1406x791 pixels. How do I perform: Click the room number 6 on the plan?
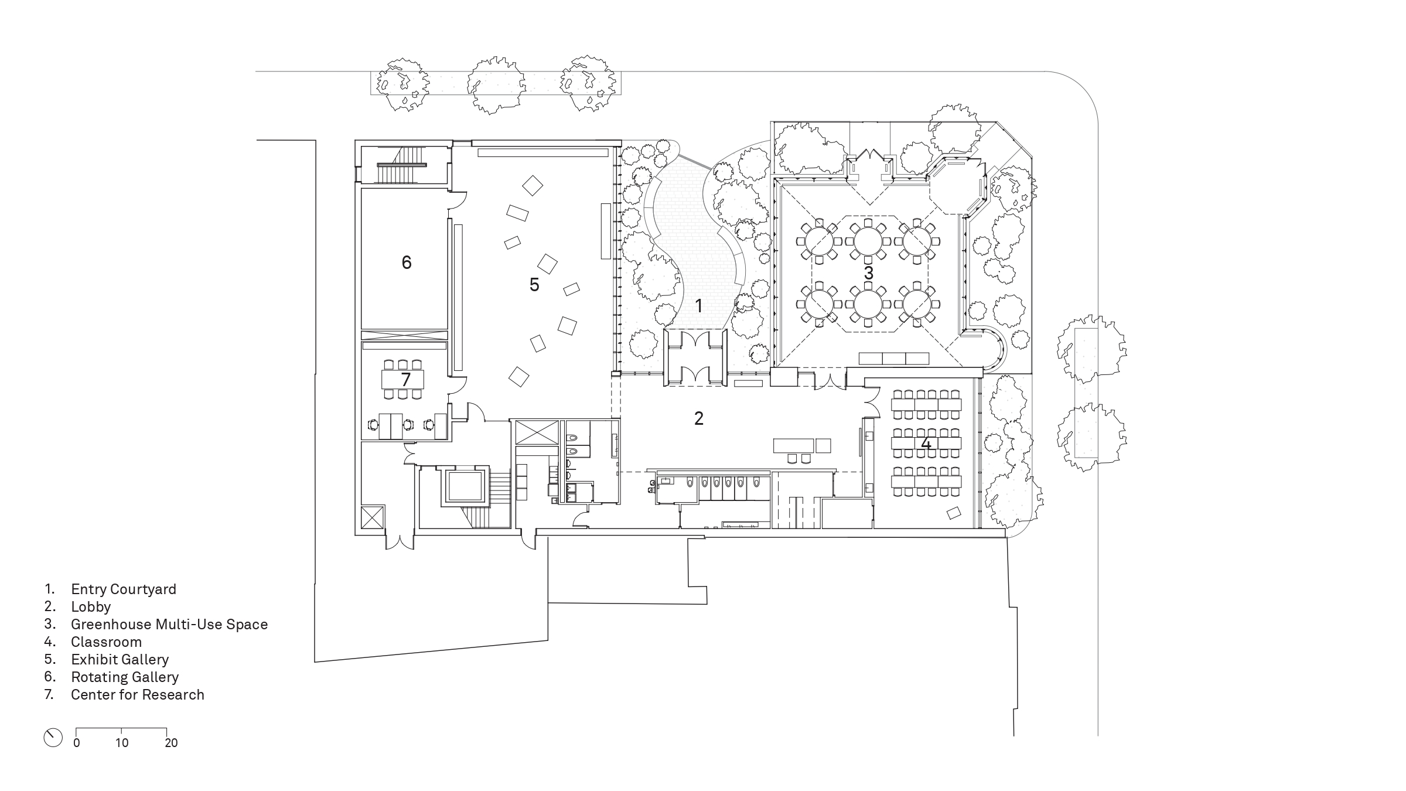point(407,262)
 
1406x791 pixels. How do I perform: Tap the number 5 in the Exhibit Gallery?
point(534,285)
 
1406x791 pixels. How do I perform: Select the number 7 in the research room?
point(405,380)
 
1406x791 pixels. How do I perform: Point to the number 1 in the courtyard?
point(698,305)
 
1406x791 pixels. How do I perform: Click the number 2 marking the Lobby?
point(698,418)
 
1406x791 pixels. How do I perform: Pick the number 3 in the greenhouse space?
point(868,273)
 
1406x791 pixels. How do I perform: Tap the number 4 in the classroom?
point(926,444)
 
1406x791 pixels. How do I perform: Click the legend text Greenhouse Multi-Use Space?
point(169,625)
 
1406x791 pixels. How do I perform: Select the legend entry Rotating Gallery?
point(125,677)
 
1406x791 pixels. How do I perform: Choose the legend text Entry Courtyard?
point(124,589)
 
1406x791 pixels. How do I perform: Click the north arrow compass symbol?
point(53,738)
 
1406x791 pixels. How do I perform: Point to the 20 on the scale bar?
point(171,743)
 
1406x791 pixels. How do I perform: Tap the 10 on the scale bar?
point(121,743)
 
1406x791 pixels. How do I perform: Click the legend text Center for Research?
point(138,695)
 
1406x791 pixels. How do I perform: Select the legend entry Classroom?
point(106,642)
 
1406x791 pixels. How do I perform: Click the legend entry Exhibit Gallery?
point(120,660)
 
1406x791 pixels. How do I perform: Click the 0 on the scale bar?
point(77,743)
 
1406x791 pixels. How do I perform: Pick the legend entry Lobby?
point(91,607)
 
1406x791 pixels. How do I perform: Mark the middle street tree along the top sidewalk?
point(496,86)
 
